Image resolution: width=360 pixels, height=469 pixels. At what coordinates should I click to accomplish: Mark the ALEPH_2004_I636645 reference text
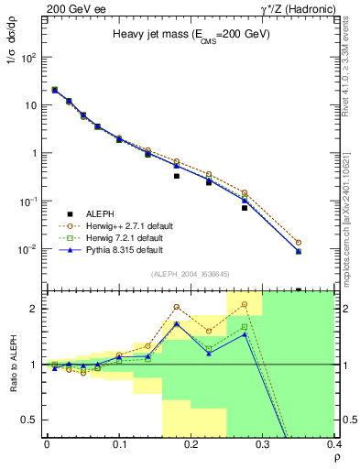[191, 274]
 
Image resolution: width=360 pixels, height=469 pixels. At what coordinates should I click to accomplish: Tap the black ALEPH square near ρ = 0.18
[176, 176]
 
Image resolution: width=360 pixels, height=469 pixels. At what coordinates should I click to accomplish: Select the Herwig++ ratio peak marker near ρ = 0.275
[245, 304]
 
